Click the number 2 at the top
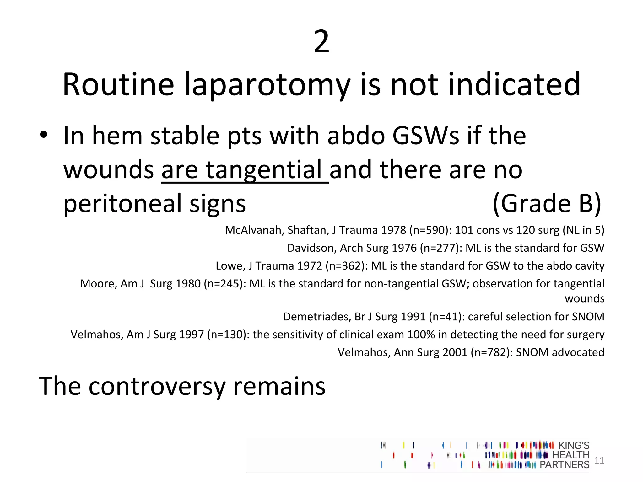pyautogui.click(x=321, y=42)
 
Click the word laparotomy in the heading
pyautogui.click(x=267, y=85)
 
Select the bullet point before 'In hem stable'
pyautogui.click(x=44, y=135)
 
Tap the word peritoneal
pyautogui.click(x=122, y=204)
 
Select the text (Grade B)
pyautogui.click(x=547, y=204)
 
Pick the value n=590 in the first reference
pyautogui.click(x=429, y=230)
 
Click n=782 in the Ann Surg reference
pyautogui.click(x=492, y=352)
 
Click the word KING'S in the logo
pyautogui.click(x=574, y=445)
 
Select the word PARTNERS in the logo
pyautogui.click(x=564, y=464)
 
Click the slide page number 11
pyautogui.click(x=599, y=460)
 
